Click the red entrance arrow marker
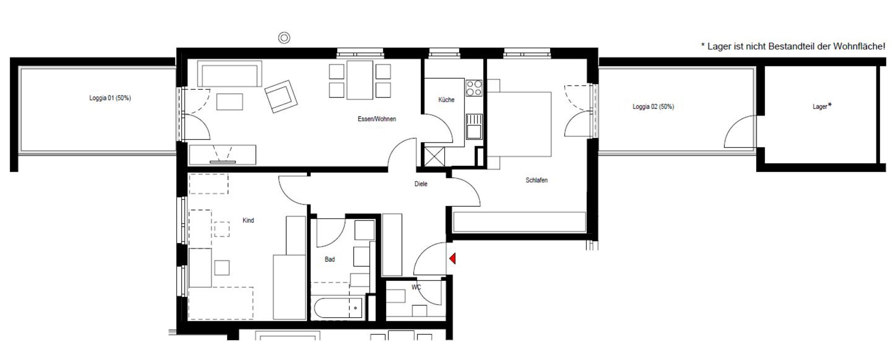pyautogui.click(x=452, y=259)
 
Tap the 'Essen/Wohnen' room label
pyautogui.click(x=377, y=119)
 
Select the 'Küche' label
pyautogui.click(x=446, y=100)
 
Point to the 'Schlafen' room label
pyautogui.click(x=536, y=180)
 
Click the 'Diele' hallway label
pyautogui.click(x=421, y=184)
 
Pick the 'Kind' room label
pyautogui.click(x=248, y=220)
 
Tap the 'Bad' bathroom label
pyautogui.click(x=330, y=259)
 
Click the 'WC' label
pyautogui.click(x=416, y=287)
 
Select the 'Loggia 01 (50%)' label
pyautogui.click(x=110, y=98)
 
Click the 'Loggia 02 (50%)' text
pyautogui.click(x=653, y=107)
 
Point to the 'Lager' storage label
pyautogui.click(x=820, y=107)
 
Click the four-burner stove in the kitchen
pyautogui.click(x=474, y=88)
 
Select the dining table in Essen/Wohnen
pyautogui.click(x=360, y=80)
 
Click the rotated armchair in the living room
pyautogui.click(x=281, y=96)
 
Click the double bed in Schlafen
pyautogui.click(x=519, y=124)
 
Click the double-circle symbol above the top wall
pyautogui.click(x=284, y=38)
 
